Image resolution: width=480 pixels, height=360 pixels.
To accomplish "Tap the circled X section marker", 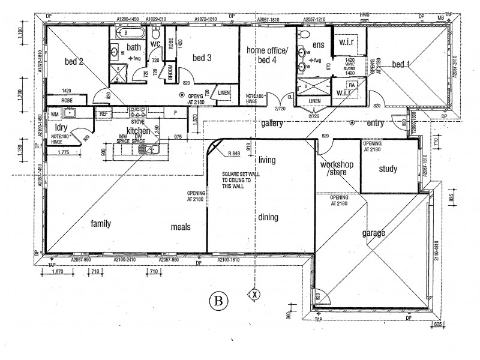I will point(254,295).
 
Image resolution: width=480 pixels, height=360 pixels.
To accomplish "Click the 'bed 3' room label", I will point(202,58).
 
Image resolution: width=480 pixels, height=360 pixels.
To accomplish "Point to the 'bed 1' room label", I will point(401,64).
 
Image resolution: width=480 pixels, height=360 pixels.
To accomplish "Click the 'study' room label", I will point(388,169).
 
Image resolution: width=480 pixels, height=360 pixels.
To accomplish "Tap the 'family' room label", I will point(101,223).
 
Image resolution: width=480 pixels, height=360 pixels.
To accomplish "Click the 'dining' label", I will point(268,217).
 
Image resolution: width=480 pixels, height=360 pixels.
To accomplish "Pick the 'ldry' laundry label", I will point(61,128).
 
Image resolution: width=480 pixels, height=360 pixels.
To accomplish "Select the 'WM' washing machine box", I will point(54,112).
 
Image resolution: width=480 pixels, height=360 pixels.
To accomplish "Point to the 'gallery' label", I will point(272,123).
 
